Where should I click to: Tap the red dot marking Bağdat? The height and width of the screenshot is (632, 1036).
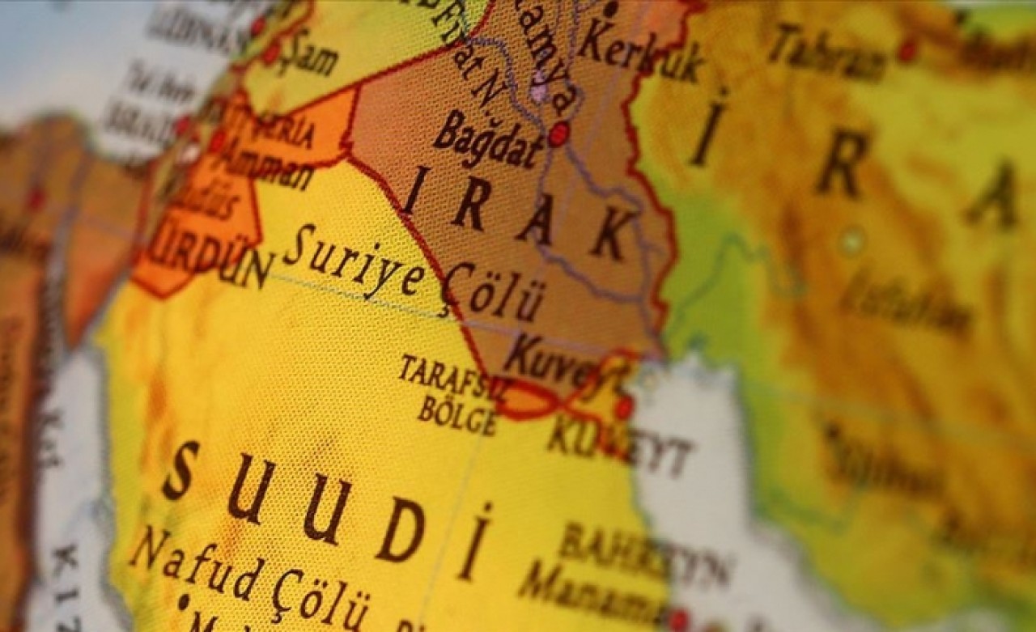tap(558, 134)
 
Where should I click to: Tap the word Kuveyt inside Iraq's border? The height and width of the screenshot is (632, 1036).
tap(558, 365)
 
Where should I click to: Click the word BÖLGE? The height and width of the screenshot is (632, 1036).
tap(457, 414)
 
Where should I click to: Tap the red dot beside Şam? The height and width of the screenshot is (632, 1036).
tap(270, 53)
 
